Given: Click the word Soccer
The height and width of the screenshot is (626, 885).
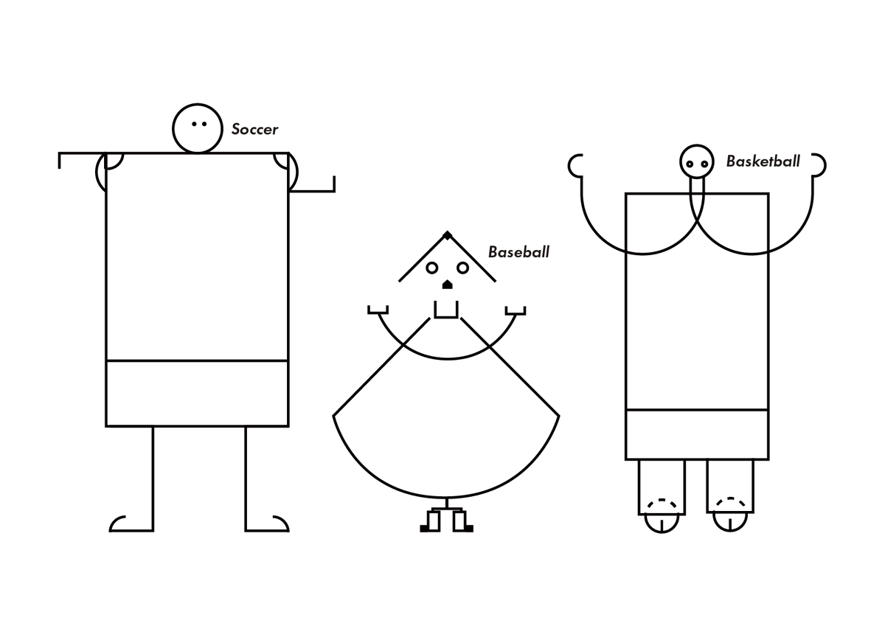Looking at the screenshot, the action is coord(254,129).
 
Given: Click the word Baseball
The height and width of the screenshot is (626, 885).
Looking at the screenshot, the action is coord(518,252).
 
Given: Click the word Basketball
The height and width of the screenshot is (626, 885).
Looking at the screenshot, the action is coord(763,161).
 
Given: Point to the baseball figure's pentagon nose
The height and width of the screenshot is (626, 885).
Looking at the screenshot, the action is coord(447,285).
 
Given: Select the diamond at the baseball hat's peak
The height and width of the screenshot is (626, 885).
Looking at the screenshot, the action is coord(447,236).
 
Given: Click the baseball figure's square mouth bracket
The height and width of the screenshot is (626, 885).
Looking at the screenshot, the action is coord(446,317).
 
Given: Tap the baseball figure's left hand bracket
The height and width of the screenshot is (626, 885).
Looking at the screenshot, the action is coord(378,313).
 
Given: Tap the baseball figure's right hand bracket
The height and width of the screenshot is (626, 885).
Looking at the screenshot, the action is coord(516,314).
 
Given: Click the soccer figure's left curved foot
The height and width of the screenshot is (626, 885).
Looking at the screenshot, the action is coord(114,521).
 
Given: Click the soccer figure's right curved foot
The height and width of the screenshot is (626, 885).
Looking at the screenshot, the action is coord(285,521).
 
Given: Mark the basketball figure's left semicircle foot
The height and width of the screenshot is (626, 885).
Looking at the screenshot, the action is coord(662,532).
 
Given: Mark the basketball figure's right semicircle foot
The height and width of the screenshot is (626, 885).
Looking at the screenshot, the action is coord(730,530).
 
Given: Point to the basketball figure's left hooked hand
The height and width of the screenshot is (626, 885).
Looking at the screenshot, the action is coord(569,166).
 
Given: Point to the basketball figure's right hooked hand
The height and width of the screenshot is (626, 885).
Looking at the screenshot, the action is coord(825,165).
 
